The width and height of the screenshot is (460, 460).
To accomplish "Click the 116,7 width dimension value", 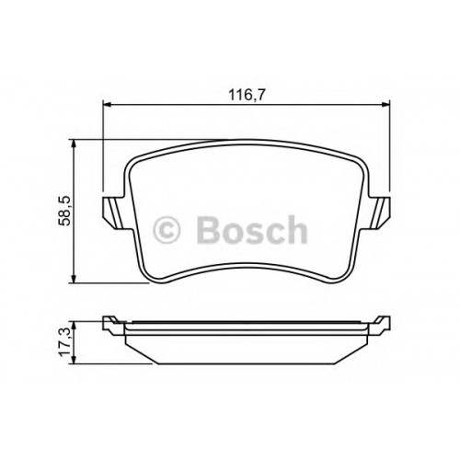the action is pos(247,96).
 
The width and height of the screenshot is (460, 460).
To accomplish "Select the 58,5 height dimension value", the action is pos(65,211).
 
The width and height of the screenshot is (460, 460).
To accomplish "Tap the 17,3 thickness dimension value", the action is pos(65,342).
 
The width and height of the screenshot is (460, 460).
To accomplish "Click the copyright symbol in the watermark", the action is pos(167,230).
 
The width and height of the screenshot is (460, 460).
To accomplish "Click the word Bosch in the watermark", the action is pos(251,230).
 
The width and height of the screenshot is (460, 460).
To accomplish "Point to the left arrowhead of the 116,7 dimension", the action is pos(106,105).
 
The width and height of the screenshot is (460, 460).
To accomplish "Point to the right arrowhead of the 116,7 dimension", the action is pos(385,105).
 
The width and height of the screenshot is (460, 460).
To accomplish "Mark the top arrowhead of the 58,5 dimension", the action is pos(74,144).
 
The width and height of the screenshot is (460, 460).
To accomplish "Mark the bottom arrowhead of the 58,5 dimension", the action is pos(74,279).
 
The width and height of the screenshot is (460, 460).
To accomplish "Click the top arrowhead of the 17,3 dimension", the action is pos(73,326).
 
